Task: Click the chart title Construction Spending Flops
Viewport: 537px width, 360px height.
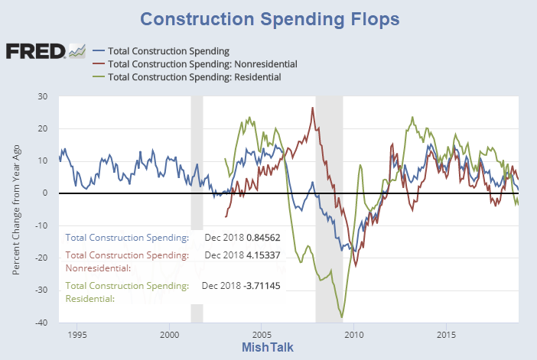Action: click(268, 18)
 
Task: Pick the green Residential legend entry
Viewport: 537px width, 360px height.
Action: click(194, 77)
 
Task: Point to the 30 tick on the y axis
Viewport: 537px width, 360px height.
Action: click(42, 96)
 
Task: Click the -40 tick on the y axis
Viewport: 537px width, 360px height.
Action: click(41, 323)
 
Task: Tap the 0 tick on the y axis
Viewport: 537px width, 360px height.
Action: click(45, 193)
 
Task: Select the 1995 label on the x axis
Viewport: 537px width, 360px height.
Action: click(76, 335)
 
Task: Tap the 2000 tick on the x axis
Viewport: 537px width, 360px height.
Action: click(169, 335)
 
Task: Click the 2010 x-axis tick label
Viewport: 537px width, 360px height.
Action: click(354, 335)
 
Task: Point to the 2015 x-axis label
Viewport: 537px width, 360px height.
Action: click(447, 335)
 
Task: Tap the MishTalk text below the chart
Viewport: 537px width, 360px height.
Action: click(268, 348)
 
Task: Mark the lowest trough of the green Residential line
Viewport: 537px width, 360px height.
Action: click(341, 316)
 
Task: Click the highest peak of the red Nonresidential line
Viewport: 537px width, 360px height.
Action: click(313, 108)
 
